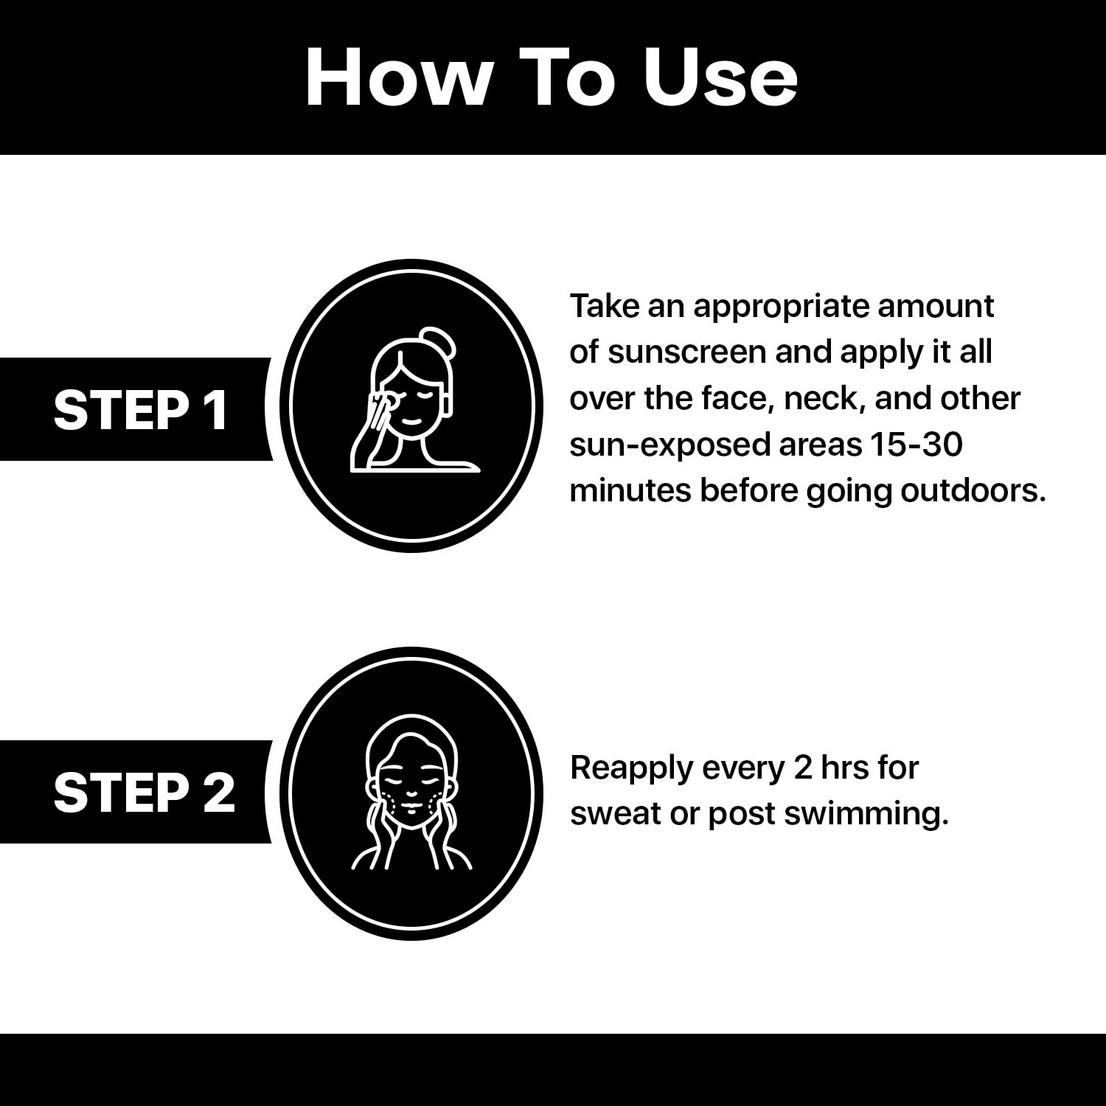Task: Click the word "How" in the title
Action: click(398, 77)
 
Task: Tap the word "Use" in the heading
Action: click(720, 77)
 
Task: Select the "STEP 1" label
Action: click(141, 410)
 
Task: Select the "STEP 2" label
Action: click(144, 793)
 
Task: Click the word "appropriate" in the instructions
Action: click(787, 307)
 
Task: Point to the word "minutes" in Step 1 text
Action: click(630, 490)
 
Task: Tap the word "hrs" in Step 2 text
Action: click(842, 768)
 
